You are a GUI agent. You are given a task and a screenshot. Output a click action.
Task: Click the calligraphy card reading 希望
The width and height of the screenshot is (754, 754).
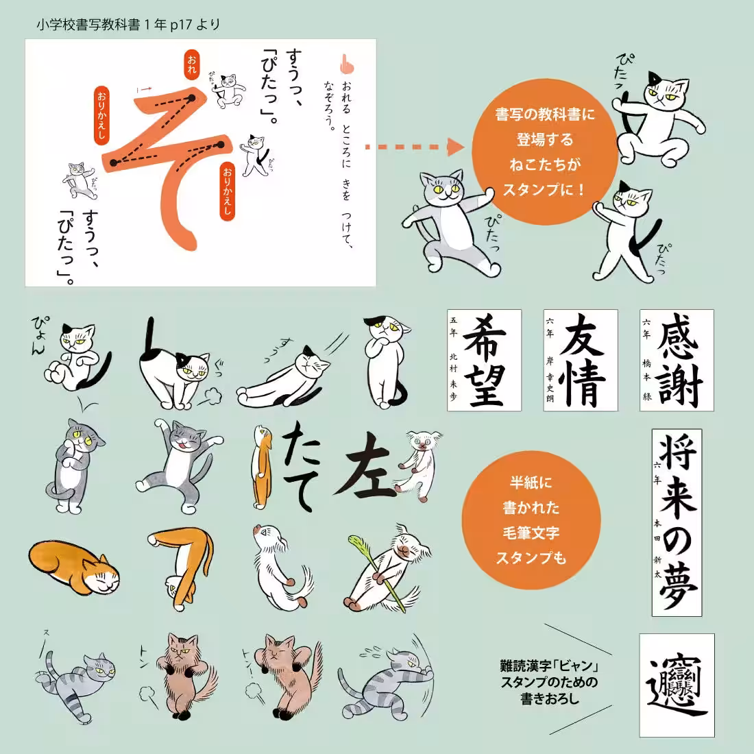point(484,360)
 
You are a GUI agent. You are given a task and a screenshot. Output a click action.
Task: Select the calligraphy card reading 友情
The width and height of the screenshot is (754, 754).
point(580,360)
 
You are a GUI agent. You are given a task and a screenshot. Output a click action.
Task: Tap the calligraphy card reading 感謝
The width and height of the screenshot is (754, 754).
point(677,360)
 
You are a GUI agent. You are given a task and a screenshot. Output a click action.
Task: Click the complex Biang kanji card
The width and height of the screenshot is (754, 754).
point(677,685)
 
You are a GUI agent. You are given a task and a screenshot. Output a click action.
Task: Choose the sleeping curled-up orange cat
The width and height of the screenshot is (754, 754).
point(74,566)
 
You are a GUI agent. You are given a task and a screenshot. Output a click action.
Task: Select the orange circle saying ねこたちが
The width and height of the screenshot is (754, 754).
point(545,151)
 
